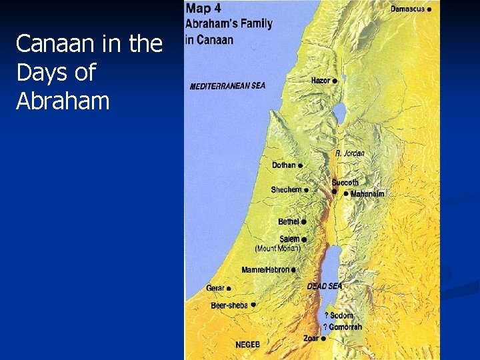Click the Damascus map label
[407, 9]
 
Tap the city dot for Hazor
[335, 81]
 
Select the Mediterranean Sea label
[227, 86]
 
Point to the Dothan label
[284, 165]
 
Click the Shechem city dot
[306, 190]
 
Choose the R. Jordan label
[349, 154]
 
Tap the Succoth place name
[345, 182]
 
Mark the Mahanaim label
[367, 194]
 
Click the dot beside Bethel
[303, 221]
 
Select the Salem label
[289, 239]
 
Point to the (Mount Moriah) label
[278, 249]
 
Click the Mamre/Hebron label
[265, 270]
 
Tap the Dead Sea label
[324, 286]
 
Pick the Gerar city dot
[229, 289]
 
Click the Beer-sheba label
[229, 305]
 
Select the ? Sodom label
[339, 315]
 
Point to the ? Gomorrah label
[343, 327]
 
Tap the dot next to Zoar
[323, 339]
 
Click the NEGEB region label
[248, 345]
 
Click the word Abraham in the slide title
[63, 101]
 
